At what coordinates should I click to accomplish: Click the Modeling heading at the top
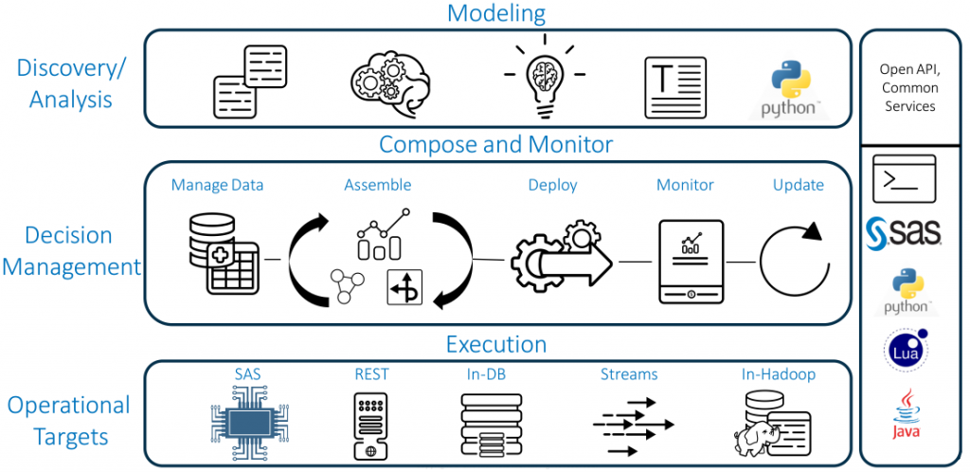click(x=496, y=13)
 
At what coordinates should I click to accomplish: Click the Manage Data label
click(x=217, y=185)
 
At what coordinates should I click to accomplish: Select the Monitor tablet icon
click(x=691, y=261)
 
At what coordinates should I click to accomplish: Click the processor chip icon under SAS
click(x=247, y=421)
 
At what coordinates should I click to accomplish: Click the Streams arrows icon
click(x=630, y=426)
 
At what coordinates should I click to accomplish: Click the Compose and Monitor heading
click(x=496, y=144)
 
